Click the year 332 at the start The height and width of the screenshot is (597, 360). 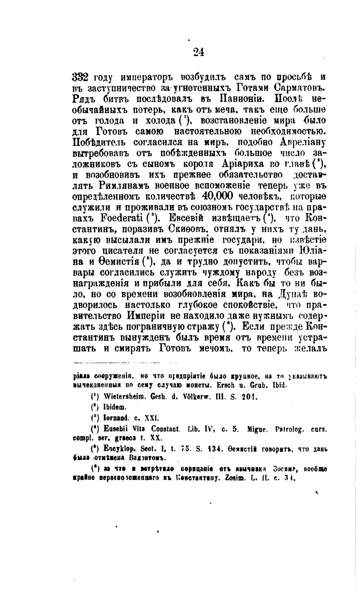(82, 77)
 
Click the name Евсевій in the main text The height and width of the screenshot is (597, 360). (186, 218)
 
